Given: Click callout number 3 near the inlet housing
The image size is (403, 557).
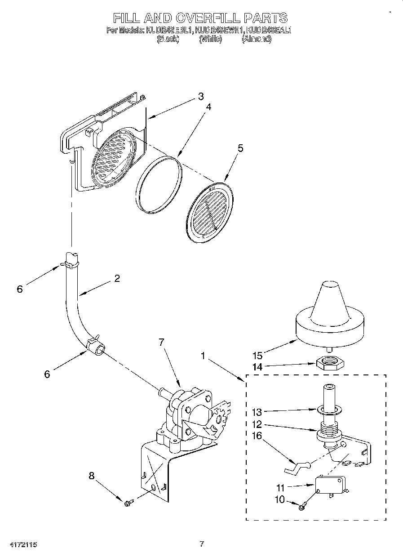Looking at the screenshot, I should pyautogui.click(x=201, y=96).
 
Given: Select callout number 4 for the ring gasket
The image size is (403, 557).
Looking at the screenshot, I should pyautogui.click(x=208, y=107).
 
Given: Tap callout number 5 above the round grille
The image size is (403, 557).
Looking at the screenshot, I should pyautogui.click(x=240, y=149).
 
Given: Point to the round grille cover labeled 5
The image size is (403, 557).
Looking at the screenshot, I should pyautogui.click(x=209, y=209).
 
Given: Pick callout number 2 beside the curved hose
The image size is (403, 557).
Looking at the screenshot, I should pyautogui.click(x=117, y=278).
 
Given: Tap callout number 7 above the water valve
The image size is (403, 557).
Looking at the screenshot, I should pyautogui.click(x=161, y=343).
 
